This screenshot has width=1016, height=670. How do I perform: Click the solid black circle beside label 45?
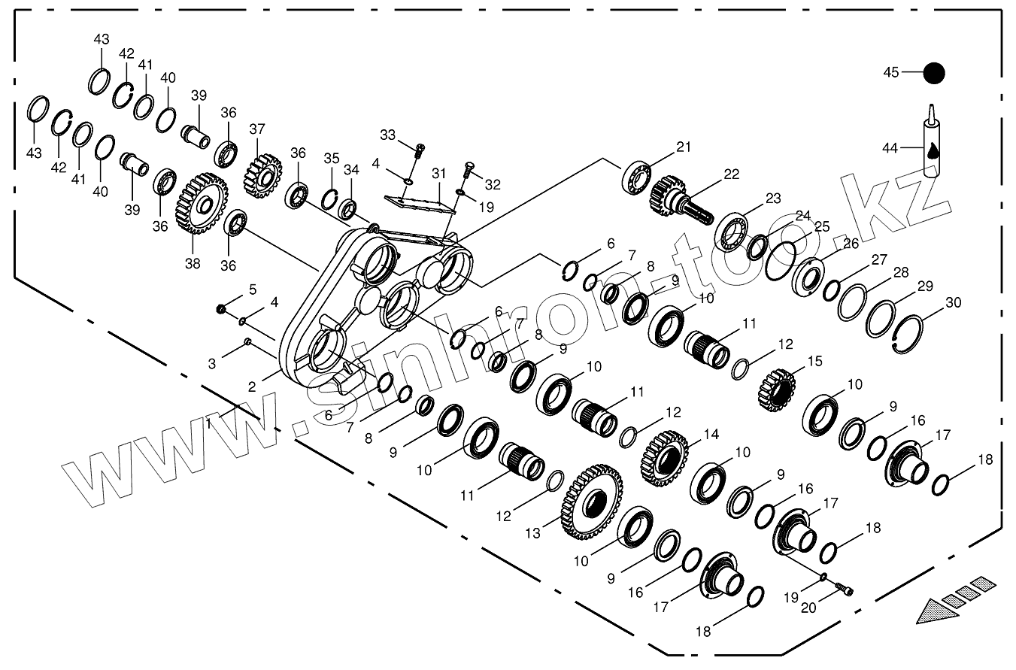tap(933, 73)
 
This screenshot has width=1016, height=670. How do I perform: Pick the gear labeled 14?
tap(665, 456)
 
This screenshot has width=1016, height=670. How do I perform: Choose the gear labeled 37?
tap(260, 175)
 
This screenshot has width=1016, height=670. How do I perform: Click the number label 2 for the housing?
tap(252, 387)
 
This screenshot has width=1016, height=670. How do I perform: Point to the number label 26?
tap(851, 243)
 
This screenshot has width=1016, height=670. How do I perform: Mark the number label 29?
tap(924, 286)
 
